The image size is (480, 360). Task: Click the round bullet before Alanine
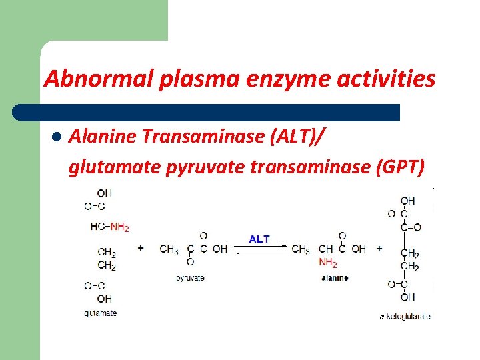point(57,138)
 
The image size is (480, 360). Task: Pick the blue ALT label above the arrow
point(259,239)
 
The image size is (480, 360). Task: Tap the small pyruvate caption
point(190,277)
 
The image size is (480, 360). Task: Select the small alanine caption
point(334,277)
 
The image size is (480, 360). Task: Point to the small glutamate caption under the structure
point(101,313)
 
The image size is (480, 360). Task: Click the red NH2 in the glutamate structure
point(120,227)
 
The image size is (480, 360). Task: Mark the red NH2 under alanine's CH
point(327,262)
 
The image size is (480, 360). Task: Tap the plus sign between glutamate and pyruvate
point(141,249)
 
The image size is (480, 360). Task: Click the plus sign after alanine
point(379,249)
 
